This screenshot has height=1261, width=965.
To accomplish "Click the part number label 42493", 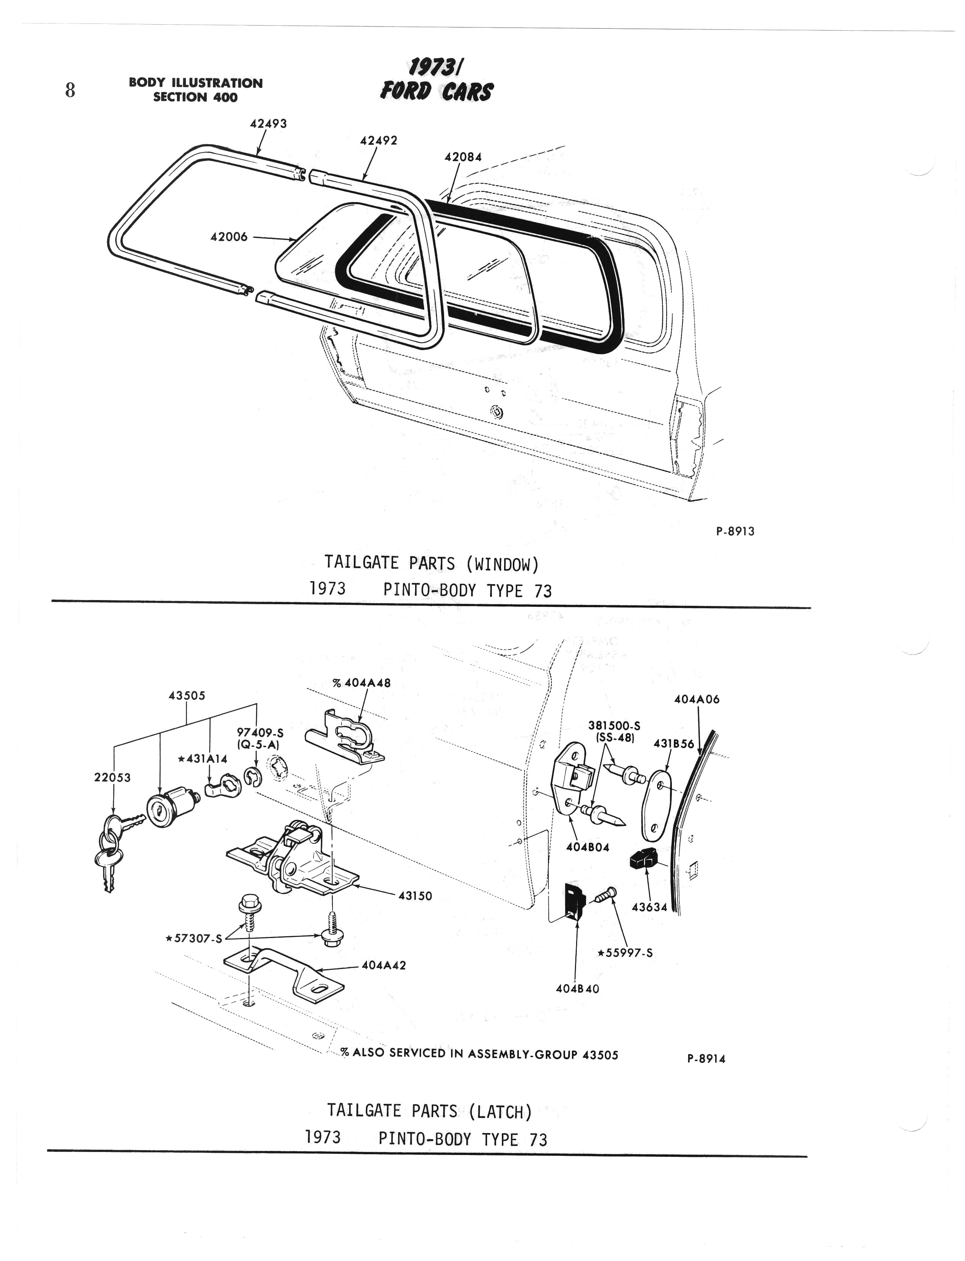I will click(268, 123).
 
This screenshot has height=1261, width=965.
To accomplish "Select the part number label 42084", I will click(463, 157).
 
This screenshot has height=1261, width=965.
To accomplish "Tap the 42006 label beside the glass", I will click(229, 237).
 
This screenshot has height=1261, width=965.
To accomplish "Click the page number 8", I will click(70, 90).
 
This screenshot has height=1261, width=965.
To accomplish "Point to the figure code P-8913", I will click(735, 531).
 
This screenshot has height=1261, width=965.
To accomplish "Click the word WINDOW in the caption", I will click(503, 564).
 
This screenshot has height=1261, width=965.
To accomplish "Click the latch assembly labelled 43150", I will click(293, 861).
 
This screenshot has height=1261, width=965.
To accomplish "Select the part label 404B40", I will click(577, 989).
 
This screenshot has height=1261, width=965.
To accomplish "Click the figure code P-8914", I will click(706, 1058).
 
